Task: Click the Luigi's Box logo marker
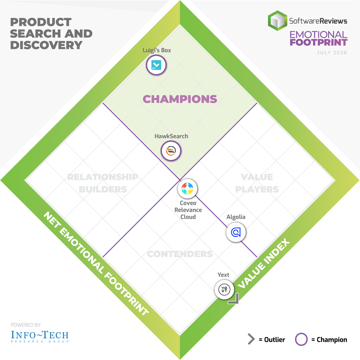tap(156, 65)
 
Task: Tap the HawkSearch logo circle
tap(171, 151)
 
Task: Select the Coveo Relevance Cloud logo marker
tap(187, 188)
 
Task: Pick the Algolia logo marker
tap(236, 232)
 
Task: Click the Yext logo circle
tap(224, 290)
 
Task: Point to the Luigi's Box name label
tap(157, 50)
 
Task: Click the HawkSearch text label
tap(171, 136)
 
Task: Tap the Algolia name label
tap(236, 217)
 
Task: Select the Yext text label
tap(223, 275)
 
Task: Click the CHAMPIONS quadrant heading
tap(180, 99)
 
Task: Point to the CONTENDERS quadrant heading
tap(180, 254)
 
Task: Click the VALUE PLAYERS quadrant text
tap(257, 183)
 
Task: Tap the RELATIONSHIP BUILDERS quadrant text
tap(103, 183)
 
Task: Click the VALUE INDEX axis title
tap(264, 263)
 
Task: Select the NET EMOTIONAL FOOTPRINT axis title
tap(96, 263)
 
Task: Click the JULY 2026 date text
tap(332, 52)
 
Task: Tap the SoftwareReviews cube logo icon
tap(277, 21)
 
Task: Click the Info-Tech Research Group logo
tap(40, 336)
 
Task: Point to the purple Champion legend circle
tap(301, 339)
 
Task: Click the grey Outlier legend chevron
tap(251, 339)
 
